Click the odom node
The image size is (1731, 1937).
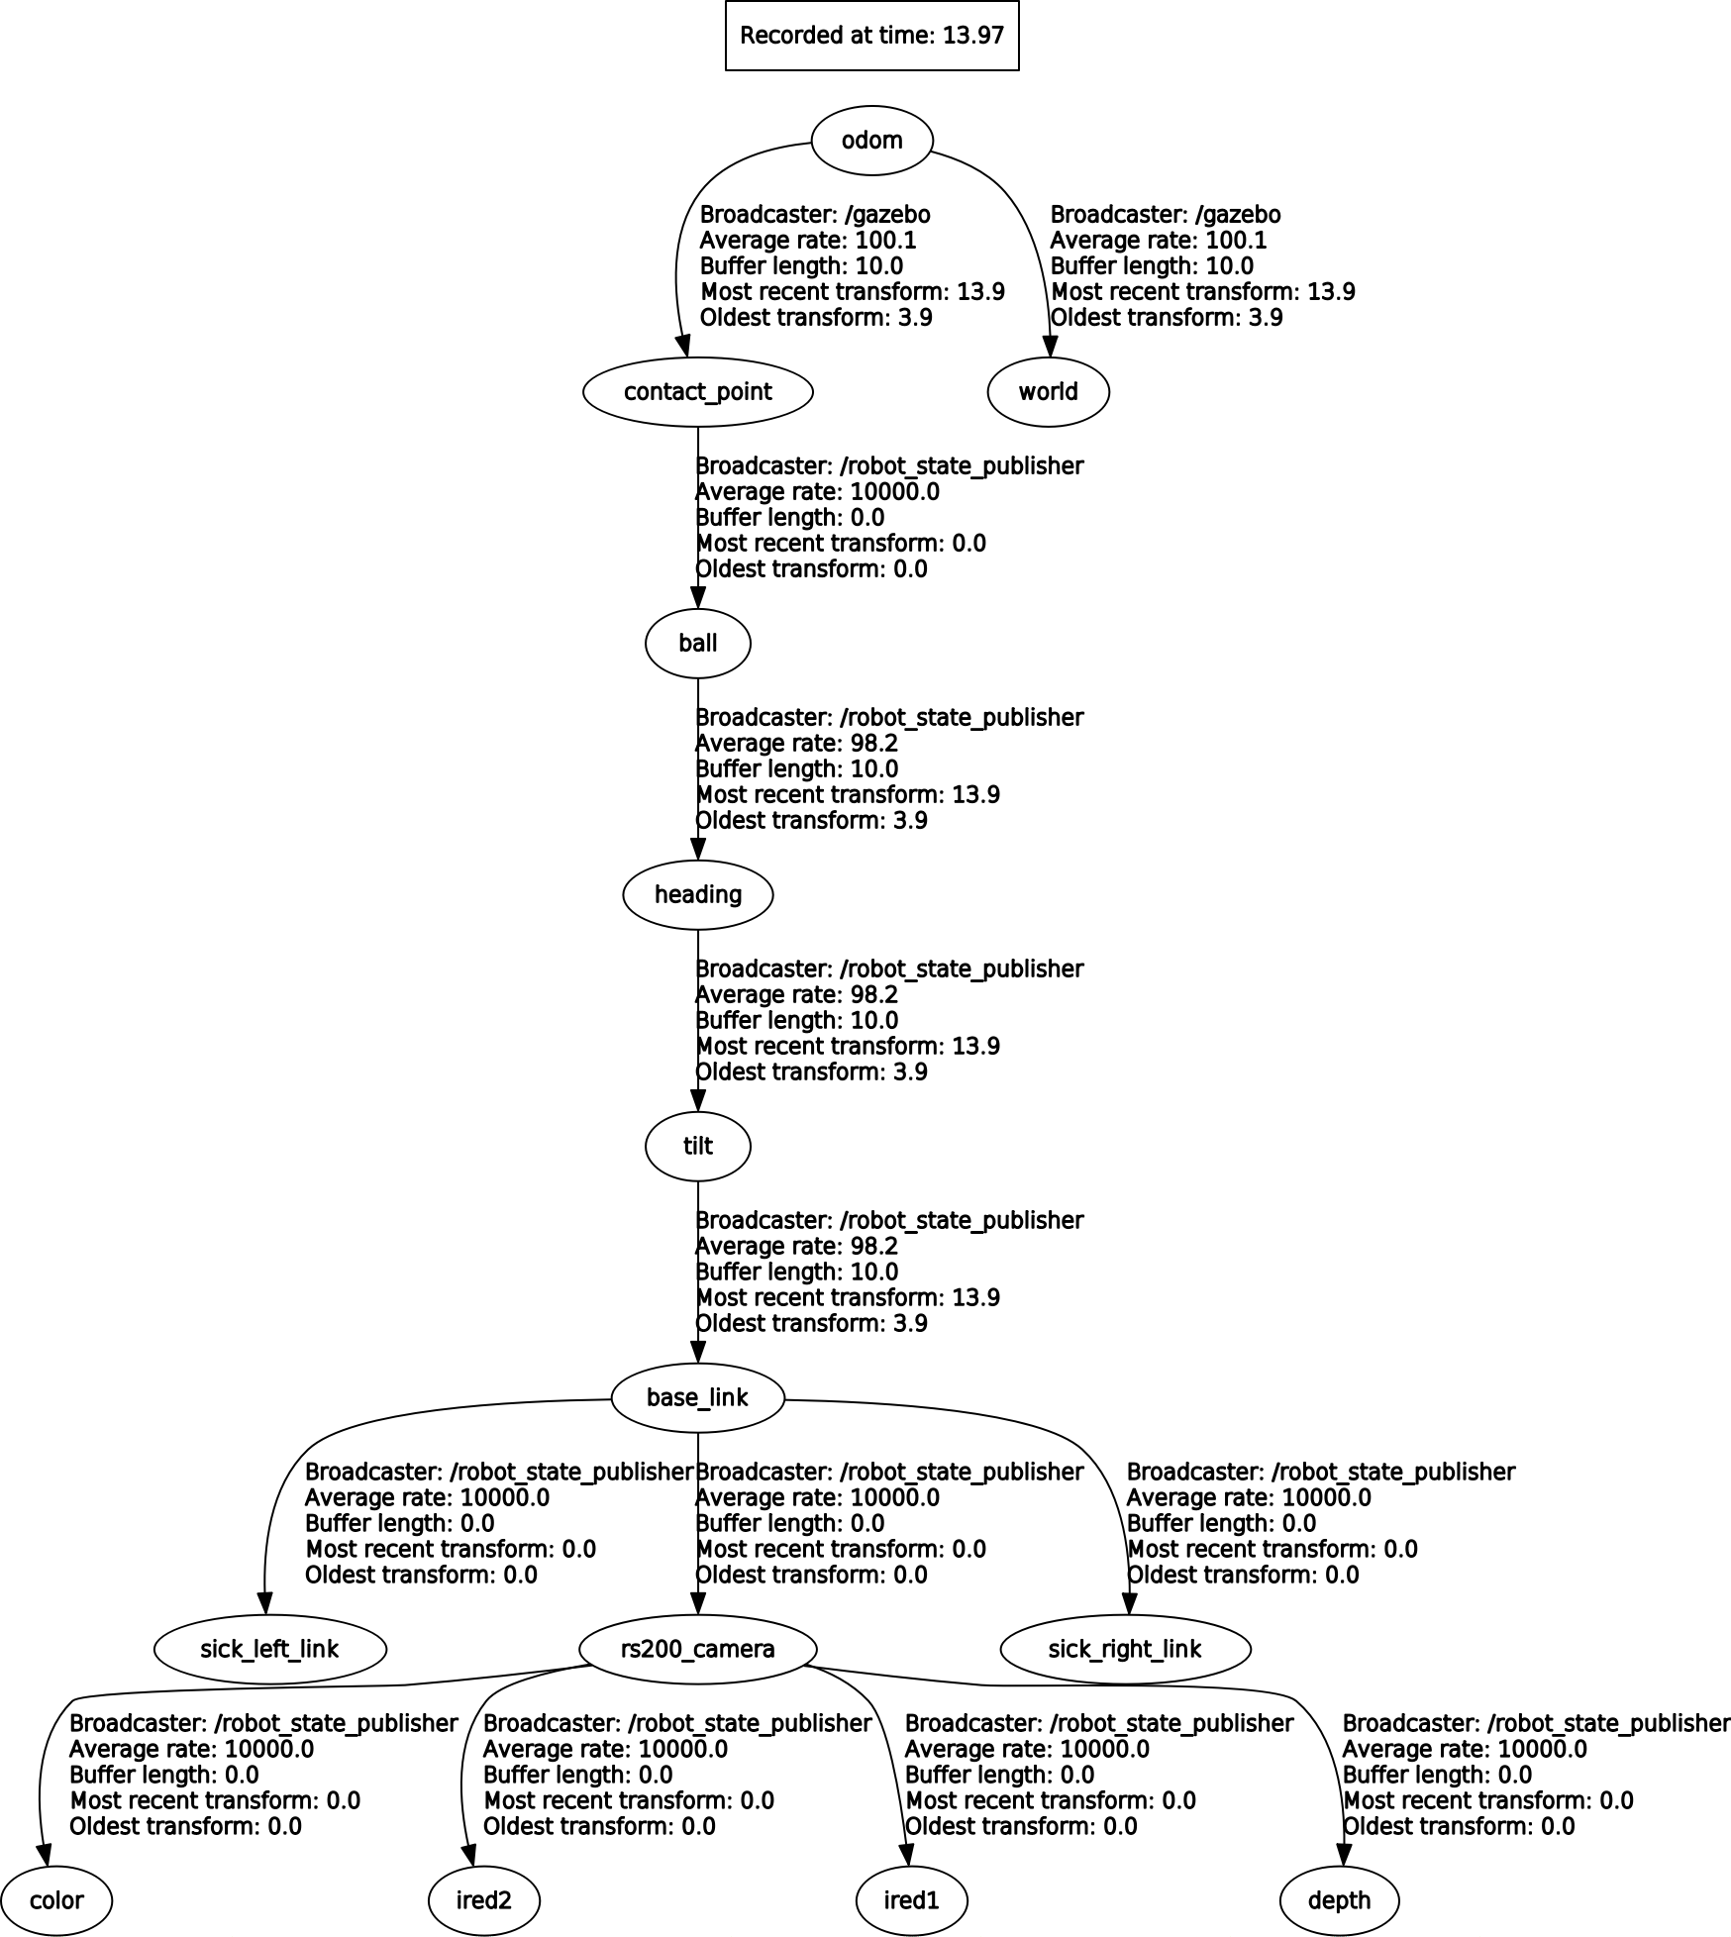pos(871,141)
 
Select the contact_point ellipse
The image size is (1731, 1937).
pos(698,392)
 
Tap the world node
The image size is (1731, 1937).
pos(1048,392)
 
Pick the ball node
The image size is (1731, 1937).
pos(698,644)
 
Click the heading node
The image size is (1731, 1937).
pos(698,895)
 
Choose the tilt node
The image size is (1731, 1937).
pos(698,1147)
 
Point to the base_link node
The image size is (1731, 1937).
pos(698,1398)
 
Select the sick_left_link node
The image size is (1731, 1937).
pos(270,1650)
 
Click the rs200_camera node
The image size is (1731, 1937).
pos(698,1650)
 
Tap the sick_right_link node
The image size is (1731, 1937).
pos(1125,1650)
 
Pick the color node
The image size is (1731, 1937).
pos(56,1901)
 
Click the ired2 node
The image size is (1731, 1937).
pos(484,1901)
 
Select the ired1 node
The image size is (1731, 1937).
pos(911,1901)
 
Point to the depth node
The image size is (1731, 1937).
pos(1339,1901)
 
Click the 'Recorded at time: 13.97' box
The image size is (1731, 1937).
pos(871,36)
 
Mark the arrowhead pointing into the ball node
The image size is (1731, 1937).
pos(698,597)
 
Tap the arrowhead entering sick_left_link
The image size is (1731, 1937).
pos(264,1603)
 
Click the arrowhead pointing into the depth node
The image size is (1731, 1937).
pos(1343,1855)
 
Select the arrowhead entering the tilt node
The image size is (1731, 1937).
pos(698,1100)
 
